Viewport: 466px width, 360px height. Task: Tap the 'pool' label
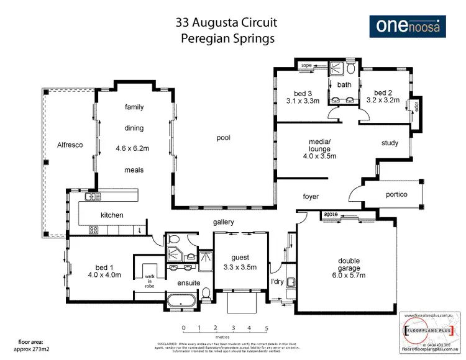coord(224,138)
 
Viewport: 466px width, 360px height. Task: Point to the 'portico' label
coord(396,194)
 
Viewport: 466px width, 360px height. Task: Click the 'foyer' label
coord(311,197)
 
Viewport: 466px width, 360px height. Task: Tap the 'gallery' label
coord(224,222)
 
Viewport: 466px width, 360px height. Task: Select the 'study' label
coord(390,143)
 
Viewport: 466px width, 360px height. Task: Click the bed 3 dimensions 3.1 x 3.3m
coord(303,99)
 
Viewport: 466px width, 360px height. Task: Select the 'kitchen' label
coord(112,215)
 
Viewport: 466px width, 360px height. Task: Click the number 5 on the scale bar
coord(266,327)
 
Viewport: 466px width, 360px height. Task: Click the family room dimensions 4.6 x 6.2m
coord(134,150)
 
